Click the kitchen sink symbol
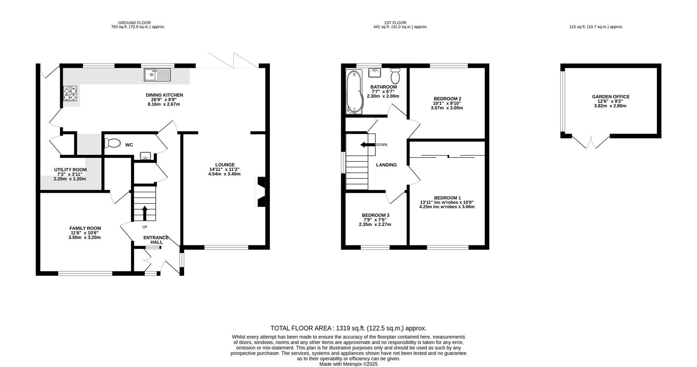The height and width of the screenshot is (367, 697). point(158,75)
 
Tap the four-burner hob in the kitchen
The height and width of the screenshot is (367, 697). point(70,93)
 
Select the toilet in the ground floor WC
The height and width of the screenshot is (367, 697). point(112,143)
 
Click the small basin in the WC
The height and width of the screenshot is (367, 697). point(145,156)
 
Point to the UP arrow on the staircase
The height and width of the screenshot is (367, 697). point(144,213)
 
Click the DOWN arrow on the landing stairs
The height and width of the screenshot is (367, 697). point(367,145)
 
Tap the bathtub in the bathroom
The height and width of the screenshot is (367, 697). point(353,92)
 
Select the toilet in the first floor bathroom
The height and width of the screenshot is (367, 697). point(395,76)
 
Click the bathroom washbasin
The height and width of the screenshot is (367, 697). point(375,73)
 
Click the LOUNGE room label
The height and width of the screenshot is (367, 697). point(225,165)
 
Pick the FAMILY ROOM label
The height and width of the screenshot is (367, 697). point(85,228)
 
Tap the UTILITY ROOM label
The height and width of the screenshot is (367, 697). point(70,170)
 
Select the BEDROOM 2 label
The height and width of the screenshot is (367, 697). point(447,99)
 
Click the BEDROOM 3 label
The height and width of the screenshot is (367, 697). point(375,215)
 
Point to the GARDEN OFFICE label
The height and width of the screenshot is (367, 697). point(611,97)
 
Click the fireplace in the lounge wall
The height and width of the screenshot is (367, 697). point(261,192)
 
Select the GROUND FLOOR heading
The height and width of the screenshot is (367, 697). point(134,23)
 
